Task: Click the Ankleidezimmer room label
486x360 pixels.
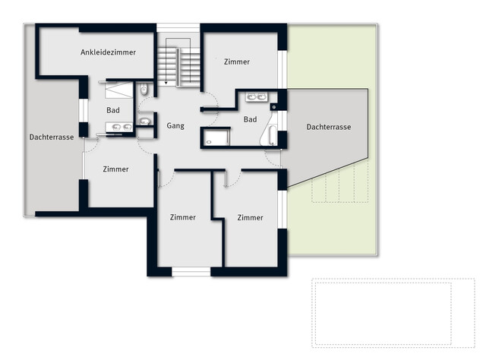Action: pyautogui.click(x=108, y=52)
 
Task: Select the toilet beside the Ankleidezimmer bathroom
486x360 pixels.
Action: pyautogui.click(x=144, y=92)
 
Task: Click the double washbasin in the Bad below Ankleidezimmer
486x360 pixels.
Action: pyautogui.click(x=113, y=127)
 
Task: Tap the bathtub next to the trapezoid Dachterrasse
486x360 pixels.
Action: pyautogui.click(x=273, y=136)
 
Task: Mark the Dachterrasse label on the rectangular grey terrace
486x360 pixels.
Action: pyautogui.click(x=52, y=137)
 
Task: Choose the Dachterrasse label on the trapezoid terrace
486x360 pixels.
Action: pyautogui.click(x=328, y=128)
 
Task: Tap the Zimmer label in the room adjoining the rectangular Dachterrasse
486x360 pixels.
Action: pyautogui.click(x=115, y=169)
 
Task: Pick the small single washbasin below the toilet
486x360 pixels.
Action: pyautogui.click(x=144, y=120)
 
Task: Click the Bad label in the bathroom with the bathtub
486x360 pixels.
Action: pyautogui.click(x=250, y=119)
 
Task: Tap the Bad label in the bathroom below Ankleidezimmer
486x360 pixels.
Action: pyautogui.click(x=113, y=110)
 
